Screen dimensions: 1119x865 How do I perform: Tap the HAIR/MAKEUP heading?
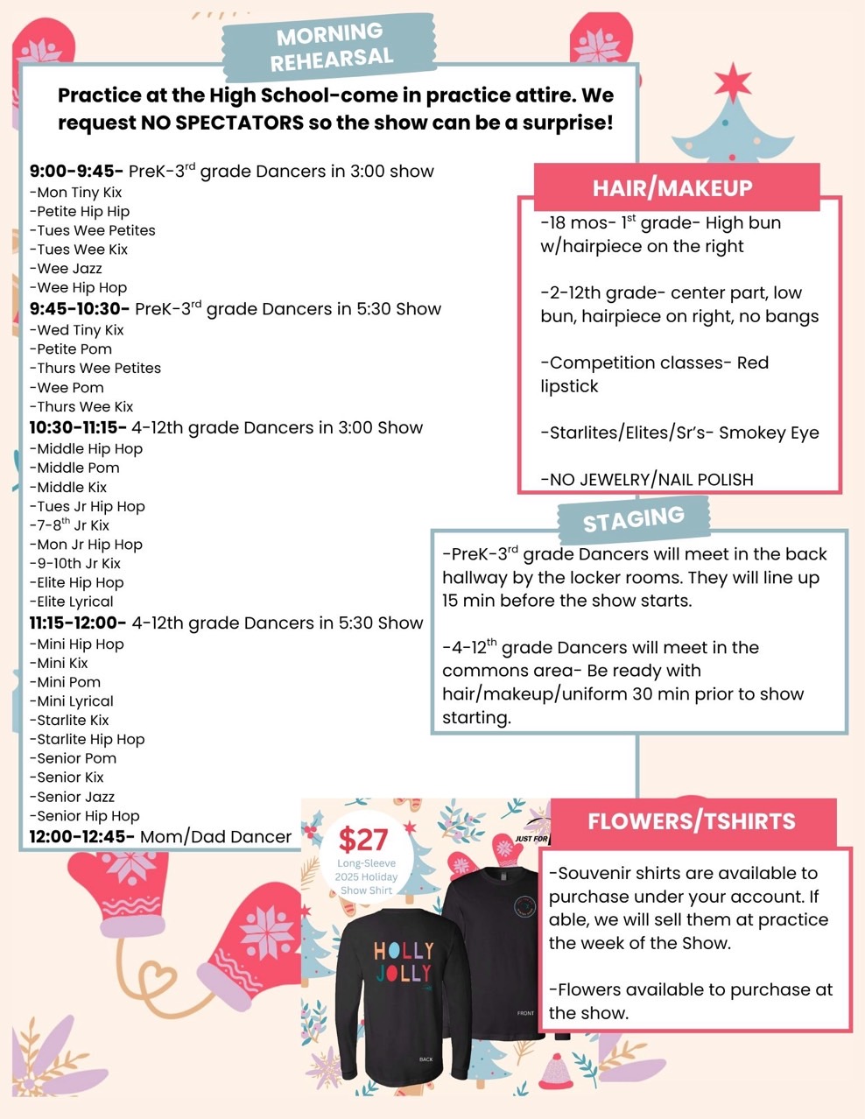coord(672,188)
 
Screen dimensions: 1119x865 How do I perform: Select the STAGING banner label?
coord(633,520)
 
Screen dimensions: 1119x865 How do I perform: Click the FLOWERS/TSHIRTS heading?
coord(692,821)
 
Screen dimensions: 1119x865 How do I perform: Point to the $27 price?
coord(362,841)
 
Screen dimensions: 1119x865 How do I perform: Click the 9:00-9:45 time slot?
coord(76,172)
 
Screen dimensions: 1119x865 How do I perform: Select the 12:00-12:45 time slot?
coord(81,837)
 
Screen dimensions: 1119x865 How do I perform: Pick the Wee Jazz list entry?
coord(69,269)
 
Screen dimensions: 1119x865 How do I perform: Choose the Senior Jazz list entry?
coord(75,797)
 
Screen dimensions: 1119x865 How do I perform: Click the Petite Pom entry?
coord(74,349)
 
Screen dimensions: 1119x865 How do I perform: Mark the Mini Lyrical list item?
coord(75,701)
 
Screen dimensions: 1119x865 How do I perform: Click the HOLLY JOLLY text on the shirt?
coord(403,961)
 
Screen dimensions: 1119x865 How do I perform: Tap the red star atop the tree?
coord(732,83)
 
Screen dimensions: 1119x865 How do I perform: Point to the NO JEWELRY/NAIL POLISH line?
coord(647,480)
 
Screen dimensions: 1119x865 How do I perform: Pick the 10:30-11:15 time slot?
coord(78,428)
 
